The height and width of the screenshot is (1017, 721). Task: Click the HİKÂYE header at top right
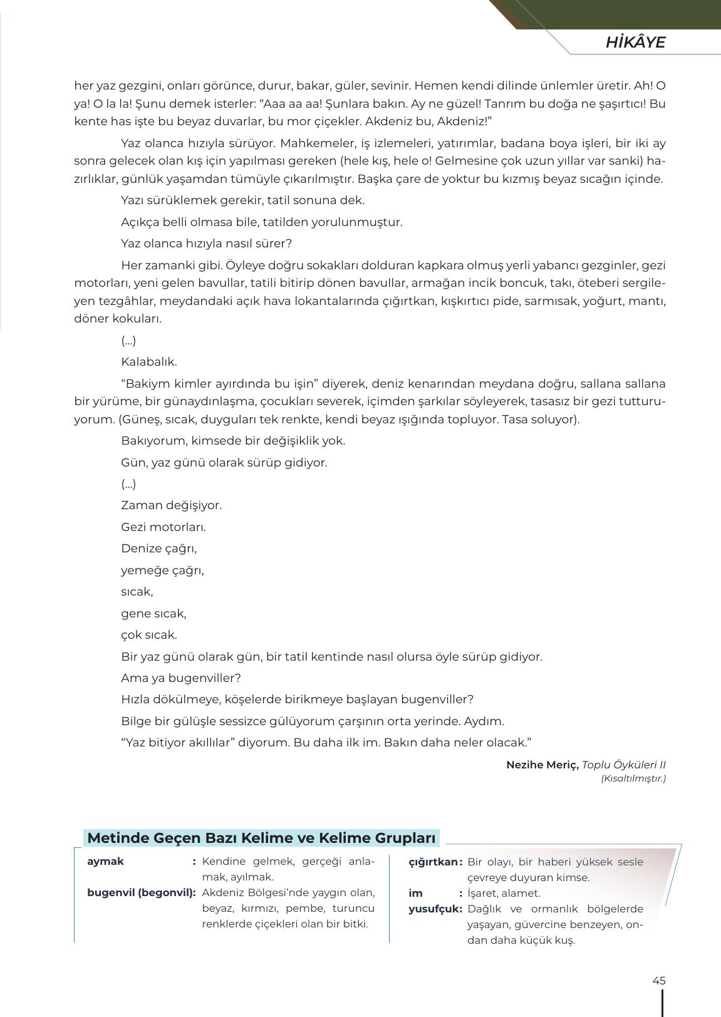[x=635, y=43]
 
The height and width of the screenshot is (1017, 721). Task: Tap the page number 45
[x=658, y=981]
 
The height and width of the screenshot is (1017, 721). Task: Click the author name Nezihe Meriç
[x=542, y=765]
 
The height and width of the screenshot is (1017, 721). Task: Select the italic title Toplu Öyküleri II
[x=623, y=765]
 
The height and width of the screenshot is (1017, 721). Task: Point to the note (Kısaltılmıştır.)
[x=633, y=778]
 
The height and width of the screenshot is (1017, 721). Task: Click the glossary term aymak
[x=105, y=861]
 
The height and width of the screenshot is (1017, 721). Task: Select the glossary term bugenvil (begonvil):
[x=141, y=892]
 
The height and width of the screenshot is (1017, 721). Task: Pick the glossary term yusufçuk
[x=435, y=909]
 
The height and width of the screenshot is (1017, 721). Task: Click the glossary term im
[x=415, y=893]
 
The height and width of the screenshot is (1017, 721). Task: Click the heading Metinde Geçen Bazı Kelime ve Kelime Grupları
[x=261, y=838]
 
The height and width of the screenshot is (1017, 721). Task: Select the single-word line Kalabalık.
[x=149, y=362]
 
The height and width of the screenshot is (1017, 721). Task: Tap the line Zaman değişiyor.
[x=171, y=505]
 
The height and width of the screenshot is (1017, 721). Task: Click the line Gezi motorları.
[x=163, y=527]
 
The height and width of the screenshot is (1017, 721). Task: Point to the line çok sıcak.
[x=149, y=635]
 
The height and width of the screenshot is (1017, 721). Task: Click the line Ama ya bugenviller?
[x=180, y=678]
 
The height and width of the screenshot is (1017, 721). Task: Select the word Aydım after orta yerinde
[x=484, y=721]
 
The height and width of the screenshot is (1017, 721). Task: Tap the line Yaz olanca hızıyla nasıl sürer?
[x=206, y=244]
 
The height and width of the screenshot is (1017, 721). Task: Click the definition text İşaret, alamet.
[x=504, y=893]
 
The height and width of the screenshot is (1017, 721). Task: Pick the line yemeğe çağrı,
[x=162, y=570]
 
